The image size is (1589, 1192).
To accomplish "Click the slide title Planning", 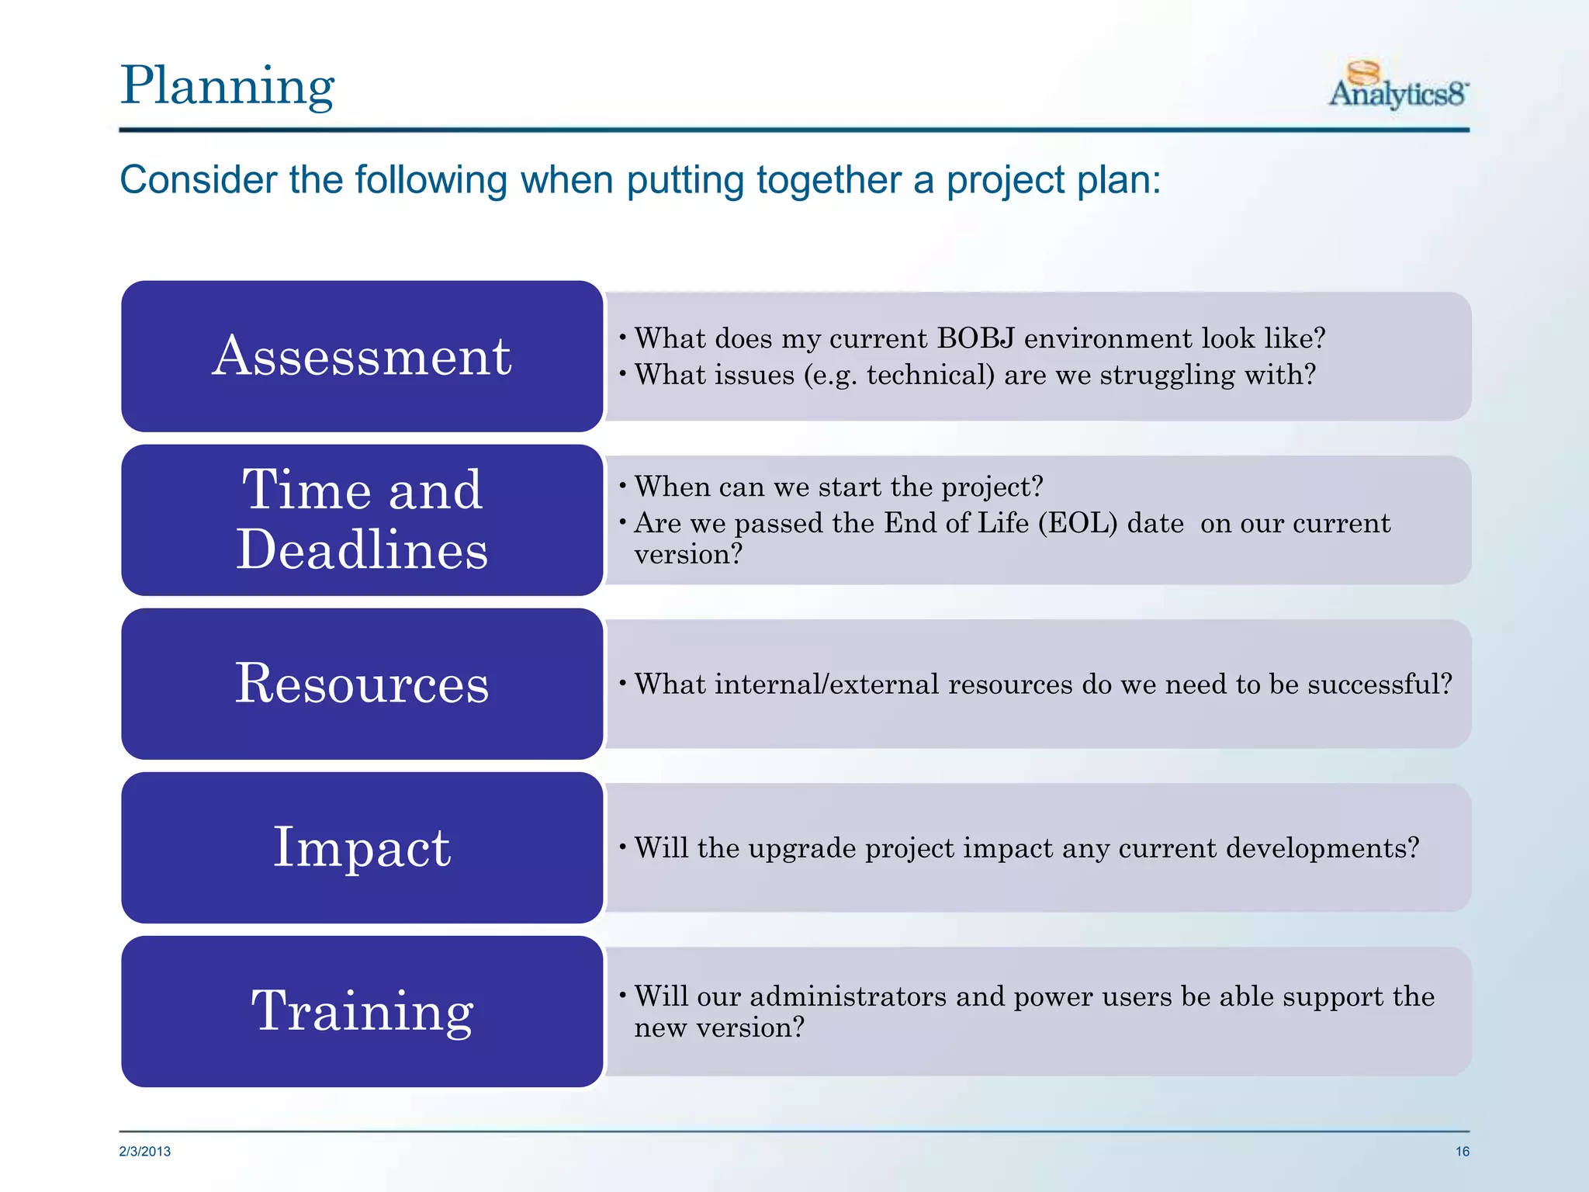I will (x=227, y=86).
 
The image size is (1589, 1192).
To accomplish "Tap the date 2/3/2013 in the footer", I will (x=145, y=1152).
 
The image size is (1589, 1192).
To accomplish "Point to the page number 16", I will (x=1462, y=1152).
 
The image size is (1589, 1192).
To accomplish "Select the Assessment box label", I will (x=362, y=356).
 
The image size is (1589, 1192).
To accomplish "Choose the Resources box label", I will (x=362, y=684).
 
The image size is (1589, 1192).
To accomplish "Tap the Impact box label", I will (x=362, y=847).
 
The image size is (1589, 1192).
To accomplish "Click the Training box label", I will (x=362, y=1011).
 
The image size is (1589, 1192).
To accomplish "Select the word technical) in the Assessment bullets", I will (x=930, y=375).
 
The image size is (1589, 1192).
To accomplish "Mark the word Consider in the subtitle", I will (x=198, y=180).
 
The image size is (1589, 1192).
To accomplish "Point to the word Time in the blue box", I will (x=306, y=490).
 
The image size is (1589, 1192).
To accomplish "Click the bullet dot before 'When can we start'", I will (x=622, y=486).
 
